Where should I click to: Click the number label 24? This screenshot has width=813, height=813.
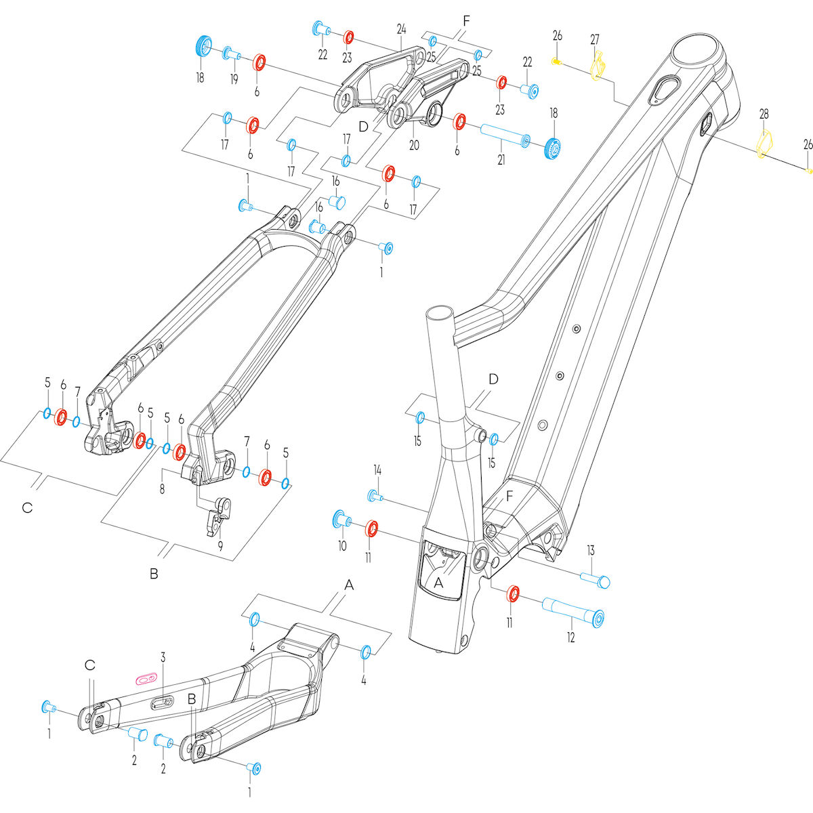[401, 28]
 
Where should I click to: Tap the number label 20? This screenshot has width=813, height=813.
[415, 145]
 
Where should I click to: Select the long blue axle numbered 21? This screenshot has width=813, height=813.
[504, 135]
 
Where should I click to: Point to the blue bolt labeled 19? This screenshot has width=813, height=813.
[231, 54]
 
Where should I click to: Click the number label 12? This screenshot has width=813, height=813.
[571, 637]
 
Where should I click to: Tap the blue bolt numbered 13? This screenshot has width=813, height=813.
[595, 579]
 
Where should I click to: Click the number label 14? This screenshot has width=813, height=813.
[377, 470]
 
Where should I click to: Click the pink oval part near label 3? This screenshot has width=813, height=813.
[146, 677]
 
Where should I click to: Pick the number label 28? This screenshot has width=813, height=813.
[764, 114]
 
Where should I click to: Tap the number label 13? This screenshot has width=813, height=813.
[590, 549]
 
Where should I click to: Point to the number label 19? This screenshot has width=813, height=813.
[234, 79]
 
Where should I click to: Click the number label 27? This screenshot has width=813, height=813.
[595, 39]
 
